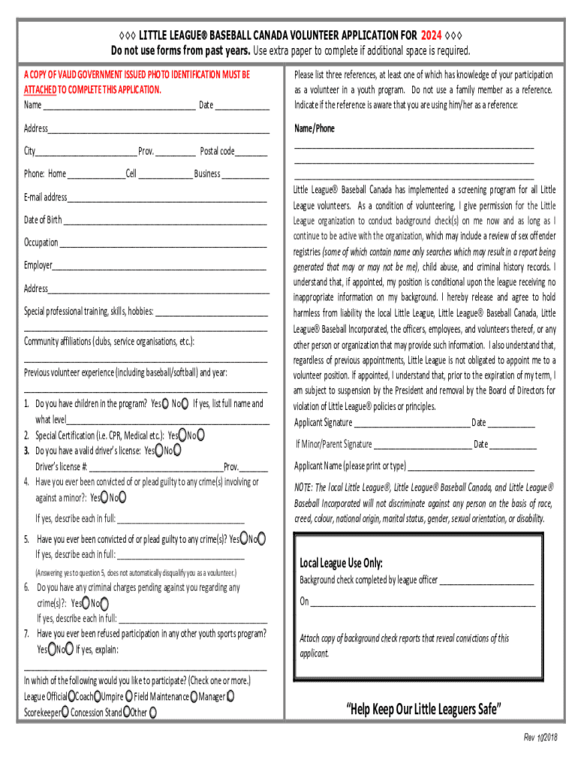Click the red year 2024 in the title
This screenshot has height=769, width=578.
point(431,35)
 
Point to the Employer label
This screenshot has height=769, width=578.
point(38,265)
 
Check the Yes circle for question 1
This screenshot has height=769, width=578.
point(166,403)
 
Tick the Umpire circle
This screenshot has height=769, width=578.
point(129,697)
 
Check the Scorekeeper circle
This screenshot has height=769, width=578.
point(65,712)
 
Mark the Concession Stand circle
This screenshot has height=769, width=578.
point(126,712)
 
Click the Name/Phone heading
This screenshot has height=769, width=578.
point(315,128)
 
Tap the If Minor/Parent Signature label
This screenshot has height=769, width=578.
point(333,445)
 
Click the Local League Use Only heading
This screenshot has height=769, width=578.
point(341,563)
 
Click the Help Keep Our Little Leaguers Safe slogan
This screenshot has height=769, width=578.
point(423,710)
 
